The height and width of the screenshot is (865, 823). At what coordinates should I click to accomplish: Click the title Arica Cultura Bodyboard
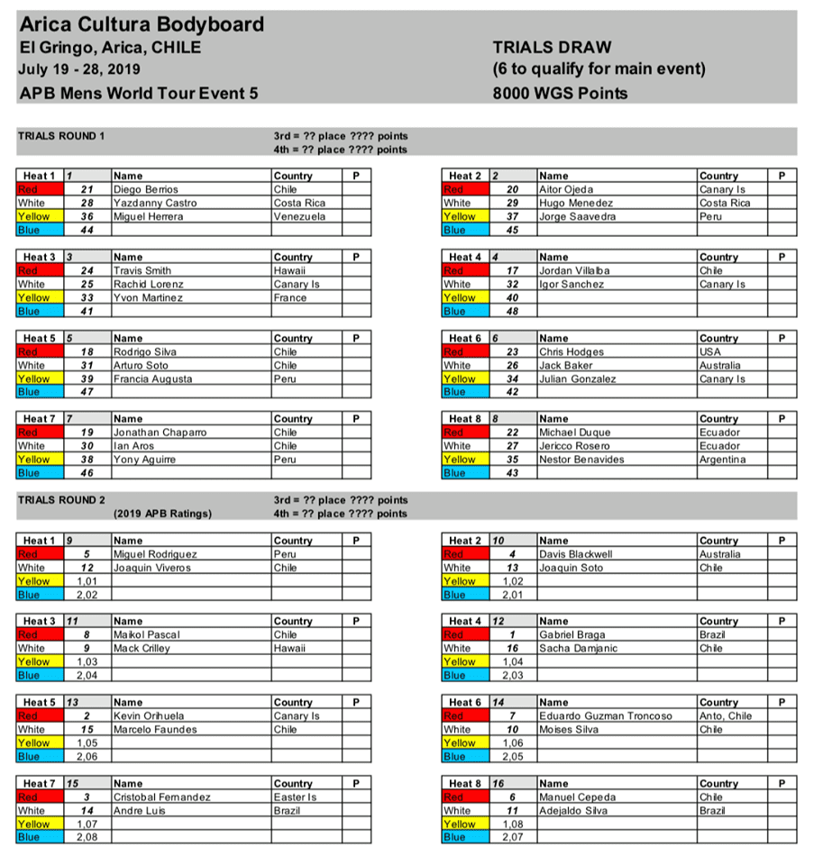pos(142,24)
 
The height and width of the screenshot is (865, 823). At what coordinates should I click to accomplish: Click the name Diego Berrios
pos(146,190)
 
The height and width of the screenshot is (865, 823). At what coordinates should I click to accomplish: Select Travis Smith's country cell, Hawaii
pos(289,271)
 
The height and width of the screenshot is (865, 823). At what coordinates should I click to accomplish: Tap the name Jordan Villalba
pos(574,271)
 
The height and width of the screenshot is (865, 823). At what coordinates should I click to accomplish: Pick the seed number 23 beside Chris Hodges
pos(512,352)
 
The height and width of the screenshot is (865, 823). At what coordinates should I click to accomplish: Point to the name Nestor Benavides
pos(581,460)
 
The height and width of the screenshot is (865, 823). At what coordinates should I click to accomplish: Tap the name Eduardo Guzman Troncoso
pos(606,716)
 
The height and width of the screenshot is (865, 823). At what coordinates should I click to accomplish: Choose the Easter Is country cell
pos(297,797)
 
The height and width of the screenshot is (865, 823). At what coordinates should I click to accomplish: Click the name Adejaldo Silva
pos(573,811)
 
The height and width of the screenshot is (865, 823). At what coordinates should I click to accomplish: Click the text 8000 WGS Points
pos(560,93)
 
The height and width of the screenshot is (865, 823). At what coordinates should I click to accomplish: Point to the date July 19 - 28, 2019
pos(79,69)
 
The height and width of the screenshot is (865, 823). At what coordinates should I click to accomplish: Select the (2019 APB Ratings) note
pos(163,514)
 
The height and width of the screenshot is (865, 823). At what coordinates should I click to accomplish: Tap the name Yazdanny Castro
pos(150,204)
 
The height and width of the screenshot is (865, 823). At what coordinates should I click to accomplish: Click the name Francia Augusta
pos(152,379)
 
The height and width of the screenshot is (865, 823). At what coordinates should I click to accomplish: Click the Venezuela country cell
pos(300,217)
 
